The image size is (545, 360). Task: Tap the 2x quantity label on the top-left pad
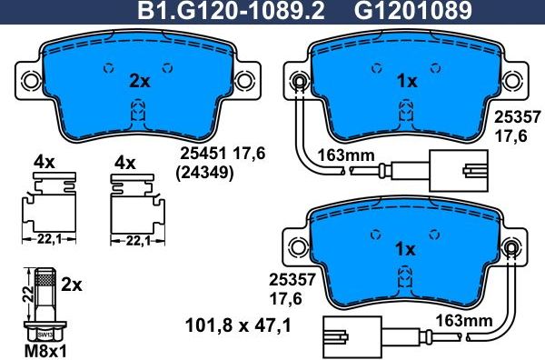click(x=138, y=81)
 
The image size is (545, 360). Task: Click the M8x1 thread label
click(x=39, y=351)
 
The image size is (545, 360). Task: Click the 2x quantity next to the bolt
click(x=73, y=285)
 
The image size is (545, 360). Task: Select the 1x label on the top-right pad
click(x=408, y=81)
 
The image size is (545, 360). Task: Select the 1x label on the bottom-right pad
click(x=405, y=248)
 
